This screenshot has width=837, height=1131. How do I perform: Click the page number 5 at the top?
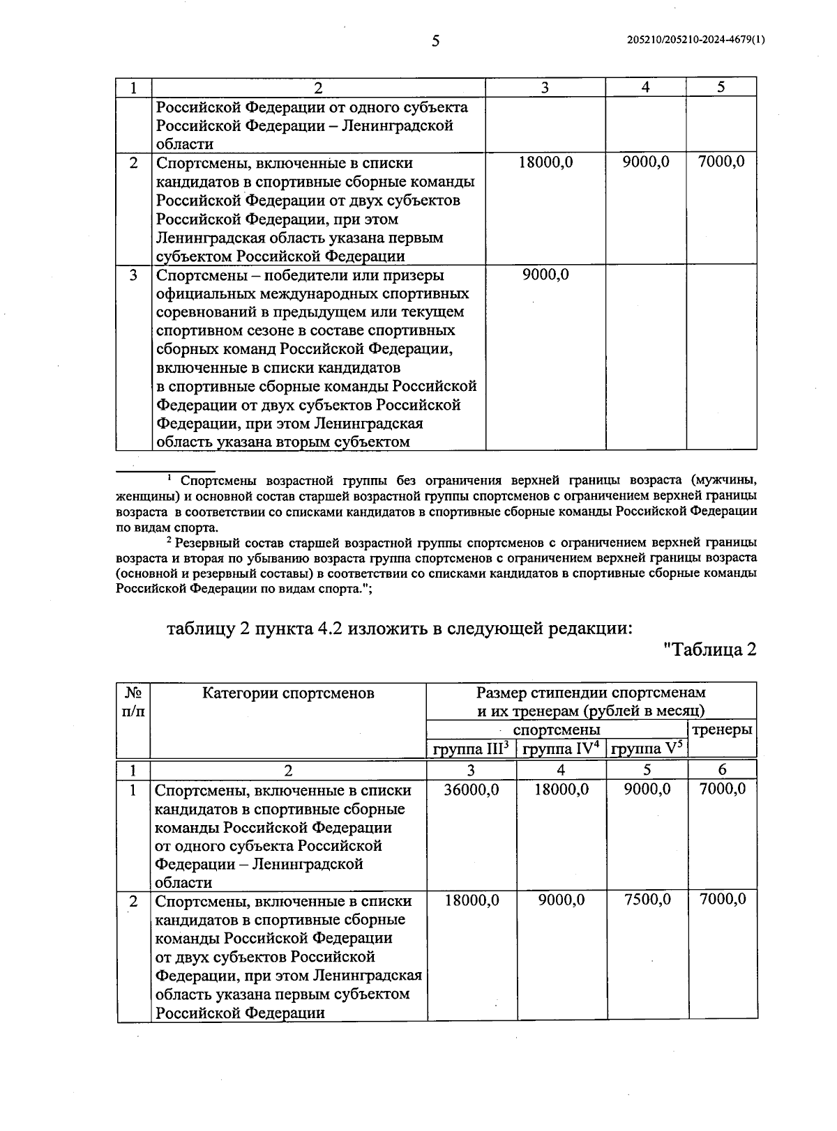click(x=435, y=41)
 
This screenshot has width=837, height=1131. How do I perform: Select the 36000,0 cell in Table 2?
click(x=472, y=789)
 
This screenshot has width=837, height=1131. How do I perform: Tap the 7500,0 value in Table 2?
click(x=647, y=900)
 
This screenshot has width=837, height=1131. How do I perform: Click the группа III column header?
click(x=471, y=749)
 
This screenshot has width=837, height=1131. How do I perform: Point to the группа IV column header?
click(x=561, y=749)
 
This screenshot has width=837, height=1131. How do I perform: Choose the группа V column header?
click(x=647, y=749)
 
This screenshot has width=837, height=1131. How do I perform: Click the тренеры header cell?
click(x=722, y=730)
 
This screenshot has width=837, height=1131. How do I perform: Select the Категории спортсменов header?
click(x=288, y=693)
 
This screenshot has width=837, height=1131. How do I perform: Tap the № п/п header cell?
click(x=133, y=702)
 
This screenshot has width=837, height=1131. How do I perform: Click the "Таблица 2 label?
click(x=709, y=649)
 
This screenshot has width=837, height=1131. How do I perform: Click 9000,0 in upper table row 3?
click(x=545, y=275)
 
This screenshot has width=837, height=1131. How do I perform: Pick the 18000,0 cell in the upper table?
click(x=545, y=162)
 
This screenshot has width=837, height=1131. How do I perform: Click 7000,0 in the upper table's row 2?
click(x=721, y=162)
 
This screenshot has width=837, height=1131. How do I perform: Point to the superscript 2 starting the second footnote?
click(x=169, y=539)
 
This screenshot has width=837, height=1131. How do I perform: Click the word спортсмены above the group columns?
click(x=556, y=730)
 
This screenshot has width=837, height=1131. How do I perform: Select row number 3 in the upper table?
click(x=133, y=275)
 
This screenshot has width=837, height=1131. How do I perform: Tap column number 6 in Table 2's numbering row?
click(x=722, y=769)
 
